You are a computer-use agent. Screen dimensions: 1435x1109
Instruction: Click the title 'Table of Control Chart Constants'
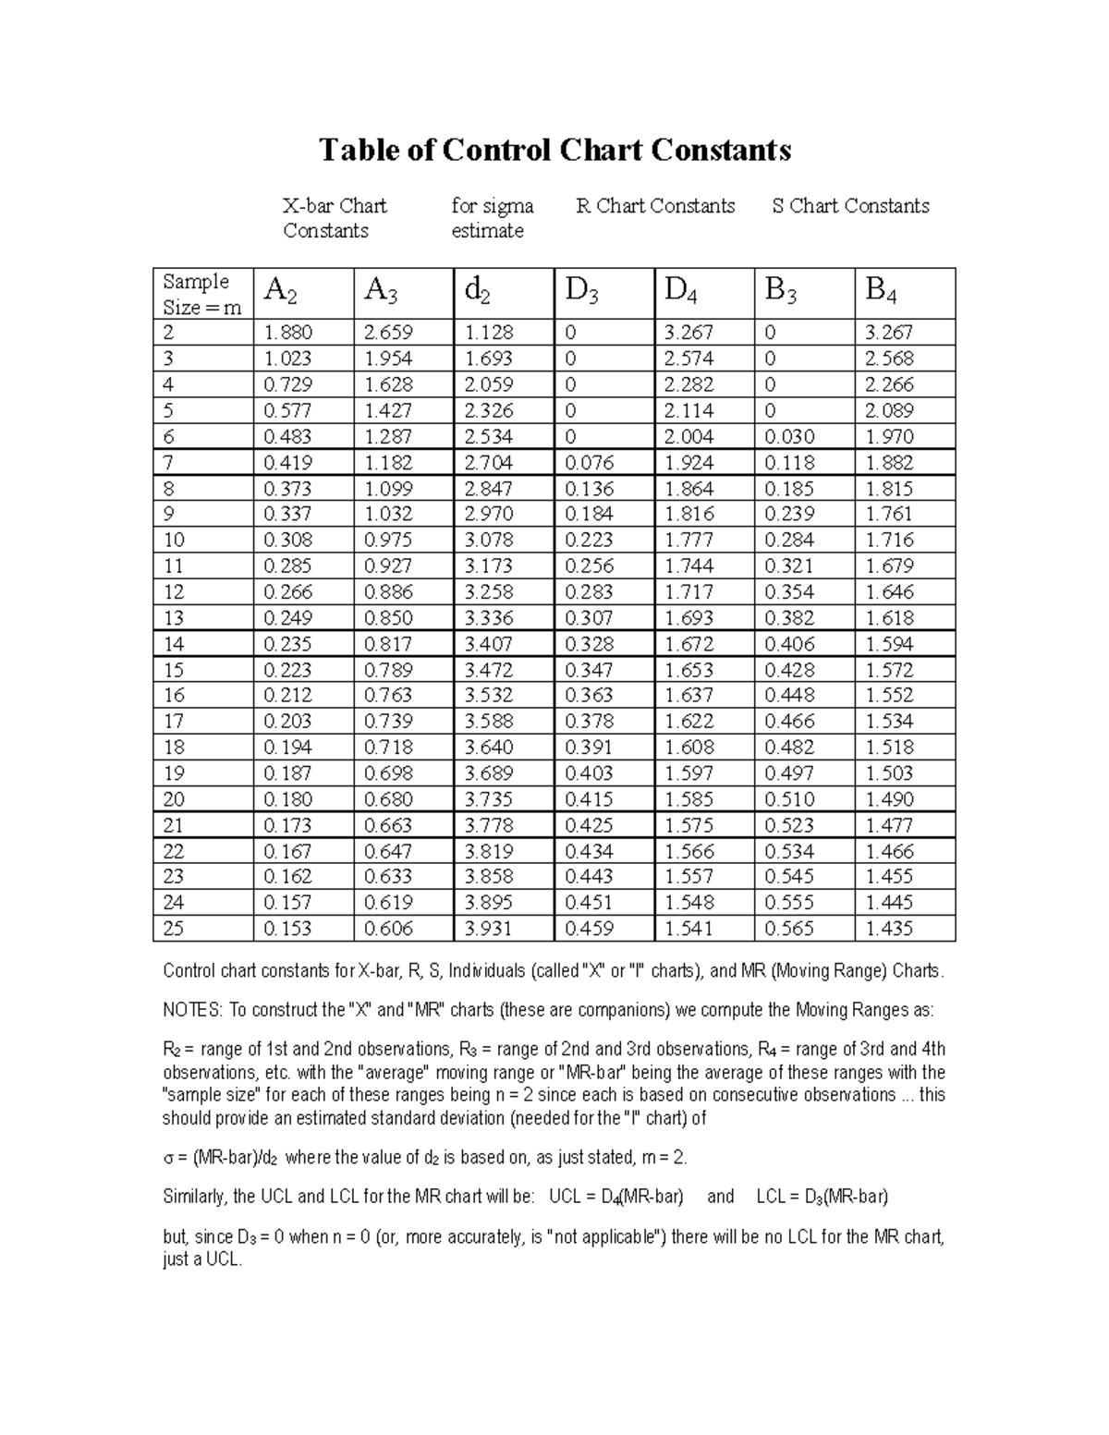tap(554, 150)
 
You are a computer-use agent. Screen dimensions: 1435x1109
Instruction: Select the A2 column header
tap(280, 292)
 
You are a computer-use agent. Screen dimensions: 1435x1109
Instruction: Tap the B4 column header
tap(881, 292)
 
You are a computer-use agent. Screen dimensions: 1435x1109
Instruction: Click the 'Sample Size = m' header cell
tap(201, 294)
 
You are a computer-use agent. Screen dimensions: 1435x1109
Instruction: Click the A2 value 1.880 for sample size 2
tap(287, 333)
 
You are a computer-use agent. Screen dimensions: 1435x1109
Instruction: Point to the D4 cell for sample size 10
tap(689, 540)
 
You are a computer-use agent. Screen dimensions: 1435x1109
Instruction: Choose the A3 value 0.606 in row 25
tap(388, 929)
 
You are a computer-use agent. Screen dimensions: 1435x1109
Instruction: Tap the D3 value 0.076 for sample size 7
tap(589, 462)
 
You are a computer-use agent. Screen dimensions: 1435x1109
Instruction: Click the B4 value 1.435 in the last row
tap(889, 929)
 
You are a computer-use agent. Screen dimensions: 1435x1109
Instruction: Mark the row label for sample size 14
tap(174, 644)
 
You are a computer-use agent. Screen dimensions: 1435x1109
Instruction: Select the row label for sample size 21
tap(174, 825)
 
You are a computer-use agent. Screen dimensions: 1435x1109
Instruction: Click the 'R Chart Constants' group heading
tap(655, 206)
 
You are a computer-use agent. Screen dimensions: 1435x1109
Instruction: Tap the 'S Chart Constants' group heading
tap(850, 206)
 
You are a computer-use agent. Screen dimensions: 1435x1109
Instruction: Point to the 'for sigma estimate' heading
tap(492, 218)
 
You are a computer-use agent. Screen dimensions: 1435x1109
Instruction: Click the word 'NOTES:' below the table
tap(192, 1010)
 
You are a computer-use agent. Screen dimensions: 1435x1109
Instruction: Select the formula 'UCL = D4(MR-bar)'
tap(615, 1197)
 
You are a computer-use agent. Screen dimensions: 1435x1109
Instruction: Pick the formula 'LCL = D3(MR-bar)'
tap(822, 1197)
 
